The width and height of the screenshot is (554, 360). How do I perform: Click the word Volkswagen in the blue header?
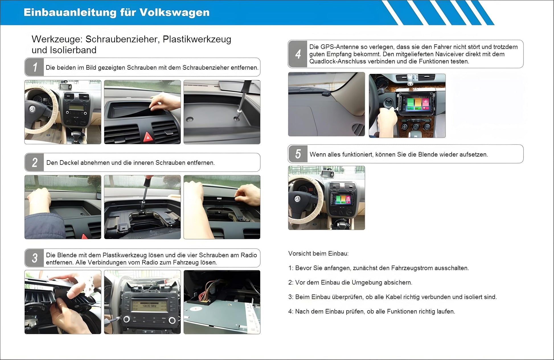pyautogui.click(x=175, y=13)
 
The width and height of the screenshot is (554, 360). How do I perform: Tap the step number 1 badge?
pyautogui.click(x=34, y=67)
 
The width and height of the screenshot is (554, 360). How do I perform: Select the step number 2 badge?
pyautogui.click(x=34, y=162)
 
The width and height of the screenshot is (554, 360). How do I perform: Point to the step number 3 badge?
pyautogui.click(x=34, y=258)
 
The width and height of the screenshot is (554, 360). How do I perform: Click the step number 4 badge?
pyautogui.click(x=298, y=54)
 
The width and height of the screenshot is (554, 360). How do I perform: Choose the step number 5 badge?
pyautogui.click(x=298, y=154)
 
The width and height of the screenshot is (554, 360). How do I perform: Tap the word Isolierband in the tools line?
pyautogui.click(x=73, y=50)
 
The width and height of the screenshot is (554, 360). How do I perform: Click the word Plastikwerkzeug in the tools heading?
pyautogui.click(x=197, y=39)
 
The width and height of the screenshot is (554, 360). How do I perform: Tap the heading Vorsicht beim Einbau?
pyautogui.click(x=318, y=253)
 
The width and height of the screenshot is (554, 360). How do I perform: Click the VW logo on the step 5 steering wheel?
pyautogui.click(x=297, y=199)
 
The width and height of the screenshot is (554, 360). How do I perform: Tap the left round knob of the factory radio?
pyautogui.click(x=126, y=320)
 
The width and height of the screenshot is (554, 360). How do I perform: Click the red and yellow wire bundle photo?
pyautogui.click(x=222, y=302)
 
